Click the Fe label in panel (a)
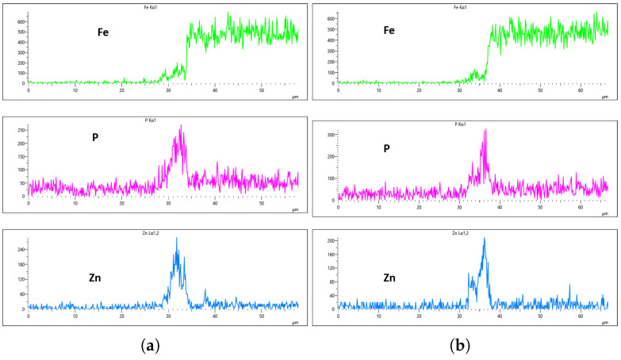pyautogui.click(x=98, y=32)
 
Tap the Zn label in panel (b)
pyautogui.click(x=389, y=278)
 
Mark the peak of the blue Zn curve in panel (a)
pyautogui.click(x=176, y=238)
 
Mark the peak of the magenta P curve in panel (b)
pyautogui.click(x=485, y=129)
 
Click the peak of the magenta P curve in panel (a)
pyautogui.click(x=182, y=125)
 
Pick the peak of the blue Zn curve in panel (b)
pyautogui.click(x=484, y=238)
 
